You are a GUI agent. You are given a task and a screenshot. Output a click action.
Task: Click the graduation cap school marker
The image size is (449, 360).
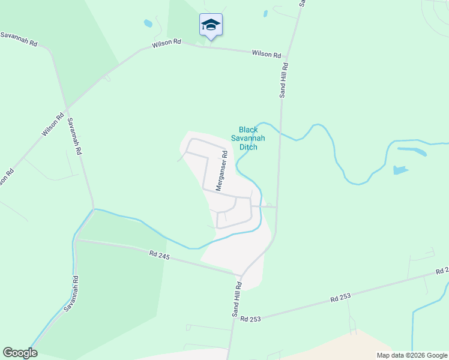click(x=210, y=25)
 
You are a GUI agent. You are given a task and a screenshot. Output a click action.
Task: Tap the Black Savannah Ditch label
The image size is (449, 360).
click(x=249, y=138)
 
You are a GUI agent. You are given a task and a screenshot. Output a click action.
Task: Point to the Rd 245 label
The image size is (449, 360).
click(x=160, y=256)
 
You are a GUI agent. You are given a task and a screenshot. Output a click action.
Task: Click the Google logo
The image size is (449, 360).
click(x=20, y=353)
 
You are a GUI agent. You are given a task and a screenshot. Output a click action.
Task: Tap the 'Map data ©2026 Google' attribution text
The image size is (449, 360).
click(x=411, y=355)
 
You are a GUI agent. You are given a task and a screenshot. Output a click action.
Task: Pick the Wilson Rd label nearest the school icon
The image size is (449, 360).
click(x=166, y=43)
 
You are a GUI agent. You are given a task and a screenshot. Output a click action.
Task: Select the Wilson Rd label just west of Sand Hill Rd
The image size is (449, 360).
click(x=267, y=54)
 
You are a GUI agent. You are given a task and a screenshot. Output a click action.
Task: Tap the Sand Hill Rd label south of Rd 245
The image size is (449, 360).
click(x=237, y=299)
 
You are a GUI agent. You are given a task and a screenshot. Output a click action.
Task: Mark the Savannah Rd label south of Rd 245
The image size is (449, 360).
click(x=71, y=293)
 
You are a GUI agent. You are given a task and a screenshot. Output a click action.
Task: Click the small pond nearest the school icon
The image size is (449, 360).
click(x=148, y=24)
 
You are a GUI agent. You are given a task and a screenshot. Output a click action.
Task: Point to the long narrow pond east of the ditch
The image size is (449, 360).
click(x=412, y=151)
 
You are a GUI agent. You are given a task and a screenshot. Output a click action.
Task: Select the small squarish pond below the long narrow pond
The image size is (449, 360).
click(x=400, y=170)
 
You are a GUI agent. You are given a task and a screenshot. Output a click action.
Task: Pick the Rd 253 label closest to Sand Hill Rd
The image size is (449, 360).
click(x=250, y=319)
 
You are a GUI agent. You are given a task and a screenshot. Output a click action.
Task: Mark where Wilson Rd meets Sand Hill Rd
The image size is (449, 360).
click(x=286, y=58)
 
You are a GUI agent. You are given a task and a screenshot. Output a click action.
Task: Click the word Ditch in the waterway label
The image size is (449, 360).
click(x=249, y=146)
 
